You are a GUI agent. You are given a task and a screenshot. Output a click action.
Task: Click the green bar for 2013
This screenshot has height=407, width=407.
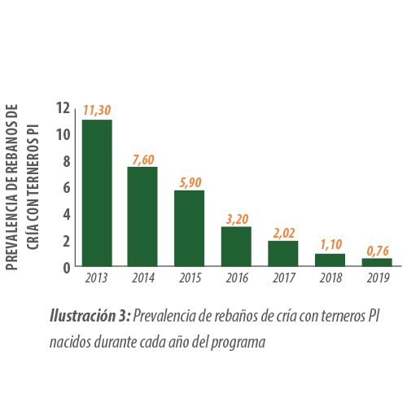coord(97,193)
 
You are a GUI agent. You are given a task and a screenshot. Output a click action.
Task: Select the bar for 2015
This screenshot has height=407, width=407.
coord(189,229)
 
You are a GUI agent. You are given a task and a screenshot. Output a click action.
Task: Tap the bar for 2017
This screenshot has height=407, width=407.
coord(283,254)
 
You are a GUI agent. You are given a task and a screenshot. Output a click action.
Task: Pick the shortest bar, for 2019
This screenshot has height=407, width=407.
coord(377,262)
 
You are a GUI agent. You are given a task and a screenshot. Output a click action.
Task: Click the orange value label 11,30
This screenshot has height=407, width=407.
coord(97,111)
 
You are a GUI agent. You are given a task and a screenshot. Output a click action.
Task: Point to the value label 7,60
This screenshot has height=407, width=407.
coord(143,160)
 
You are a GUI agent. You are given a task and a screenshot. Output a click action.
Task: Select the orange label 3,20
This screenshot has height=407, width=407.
coord(237,219)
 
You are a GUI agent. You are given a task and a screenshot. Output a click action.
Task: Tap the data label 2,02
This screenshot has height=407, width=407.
coord(284,234)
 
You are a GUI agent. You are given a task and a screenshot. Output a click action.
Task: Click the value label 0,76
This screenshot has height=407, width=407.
coord(378,251)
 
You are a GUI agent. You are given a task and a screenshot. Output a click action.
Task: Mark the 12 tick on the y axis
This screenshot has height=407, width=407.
coord(63,107)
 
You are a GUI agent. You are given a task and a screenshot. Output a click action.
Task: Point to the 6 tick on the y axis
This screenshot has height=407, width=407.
coord(67,188)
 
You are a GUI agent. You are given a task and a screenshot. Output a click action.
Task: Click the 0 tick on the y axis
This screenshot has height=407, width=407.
coord(67,268)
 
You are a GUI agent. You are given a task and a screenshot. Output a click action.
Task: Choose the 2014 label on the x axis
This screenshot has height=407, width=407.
coord(143,278)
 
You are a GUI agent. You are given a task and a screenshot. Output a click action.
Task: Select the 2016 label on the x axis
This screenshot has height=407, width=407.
coord(237,278)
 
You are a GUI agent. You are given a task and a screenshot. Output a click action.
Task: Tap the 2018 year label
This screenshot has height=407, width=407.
coord(331,278)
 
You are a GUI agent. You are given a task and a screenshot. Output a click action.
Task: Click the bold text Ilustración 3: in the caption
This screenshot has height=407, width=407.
coord(90,316)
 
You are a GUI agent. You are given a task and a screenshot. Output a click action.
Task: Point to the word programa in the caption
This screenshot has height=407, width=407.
coord(239,343)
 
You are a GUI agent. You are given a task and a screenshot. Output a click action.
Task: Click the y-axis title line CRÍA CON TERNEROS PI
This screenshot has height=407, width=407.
coord(33,187)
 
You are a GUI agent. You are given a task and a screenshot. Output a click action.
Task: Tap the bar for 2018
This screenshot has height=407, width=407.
coord(330,260)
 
